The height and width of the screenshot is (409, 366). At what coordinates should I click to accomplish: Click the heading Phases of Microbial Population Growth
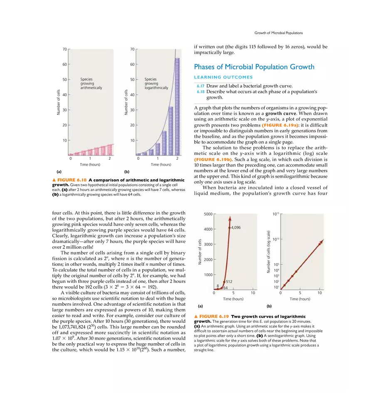click(x=254, y=67)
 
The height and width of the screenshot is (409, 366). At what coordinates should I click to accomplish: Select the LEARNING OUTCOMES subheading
click(x=223, y=77)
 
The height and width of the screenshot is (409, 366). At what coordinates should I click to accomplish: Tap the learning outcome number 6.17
click(x=200, y=86)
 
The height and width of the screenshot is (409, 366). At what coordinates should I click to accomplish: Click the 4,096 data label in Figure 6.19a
click(x=236, y=228)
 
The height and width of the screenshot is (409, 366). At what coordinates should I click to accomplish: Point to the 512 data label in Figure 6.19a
click(x=229, y=282)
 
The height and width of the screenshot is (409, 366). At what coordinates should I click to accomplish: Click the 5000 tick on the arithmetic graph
click(x=208, y=214)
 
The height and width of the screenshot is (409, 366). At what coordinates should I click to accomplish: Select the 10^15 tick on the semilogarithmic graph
click(x=275, y=214)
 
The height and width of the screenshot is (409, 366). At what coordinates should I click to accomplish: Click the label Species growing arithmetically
click(x=91, y=84)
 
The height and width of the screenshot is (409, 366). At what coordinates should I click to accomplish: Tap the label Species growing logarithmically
click(x=156, y=84)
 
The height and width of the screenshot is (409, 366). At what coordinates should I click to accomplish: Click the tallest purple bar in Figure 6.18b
click(x=177, y=106)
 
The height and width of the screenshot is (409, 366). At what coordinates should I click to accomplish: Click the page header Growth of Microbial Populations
click(x=278, y=33)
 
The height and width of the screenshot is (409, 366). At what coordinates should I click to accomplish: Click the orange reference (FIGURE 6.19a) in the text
click(x=279, y=125)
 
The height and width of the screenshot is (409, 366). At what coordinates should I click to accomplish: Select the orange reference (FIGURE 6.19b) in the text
click(x=213, y=159)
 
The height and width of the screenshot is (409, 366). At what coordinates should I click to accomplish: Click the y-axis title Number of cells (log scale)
click(x=268, y=252)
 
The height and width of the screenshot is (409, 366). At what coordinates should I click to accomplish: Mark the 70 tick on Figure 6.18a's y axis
click(x=64, y=49)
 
